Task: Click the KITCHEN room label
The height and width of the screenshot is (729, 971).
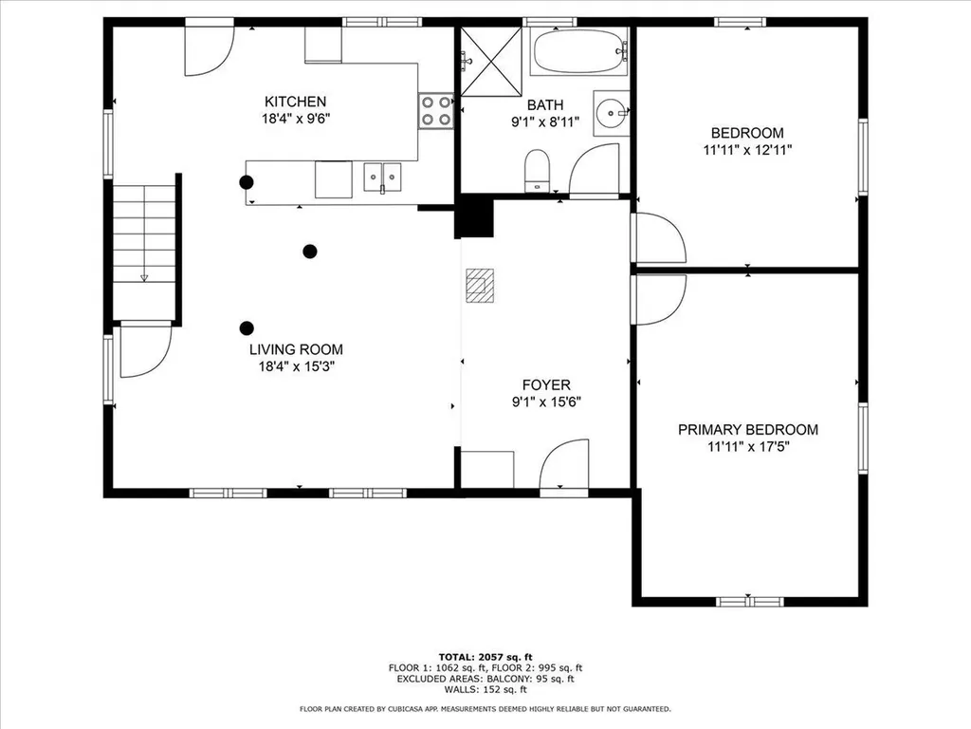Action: pos(295,102)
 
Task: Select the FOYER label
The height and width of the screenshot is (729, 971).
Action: pos(546,384)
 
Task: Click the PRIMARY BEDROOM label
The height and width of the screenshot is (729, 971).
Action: pos(747,430)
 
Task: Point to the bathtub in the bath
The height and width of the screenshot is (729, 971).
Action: pos(579,50)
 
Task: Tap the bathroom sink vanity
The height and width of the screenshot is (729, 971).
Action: pos(612,114)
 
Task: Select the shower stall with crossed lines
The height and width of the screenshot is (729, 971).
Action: pos(490,62)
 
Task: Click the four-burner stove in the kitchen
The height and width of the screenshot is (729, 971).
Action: pos(436,110)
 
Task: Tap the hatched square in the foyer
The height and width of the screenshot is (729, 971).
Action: pos(480,285)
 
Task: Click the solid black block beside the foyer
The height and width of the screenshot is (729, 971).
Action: pos(476,217)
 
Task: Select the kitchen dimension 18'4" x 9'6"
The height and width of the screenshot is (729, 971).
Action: pos(295,119)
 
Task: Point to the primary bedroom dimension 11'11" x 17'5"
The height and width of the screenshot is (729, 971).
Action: pos(747,447)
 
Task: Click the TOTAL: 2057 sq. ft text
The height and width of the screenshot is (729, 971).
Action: pos(485,656)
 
